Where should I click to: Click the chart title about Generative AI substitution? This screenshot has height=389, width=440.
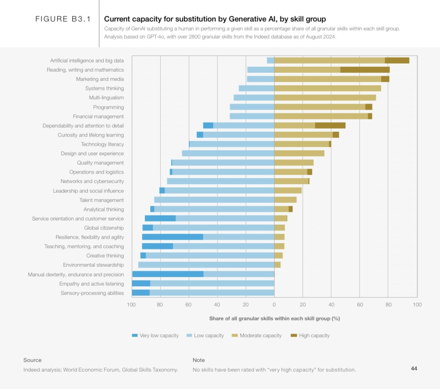coord(215,19)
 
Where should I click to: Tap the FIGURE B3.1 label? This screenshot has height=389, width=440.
coord(63,19)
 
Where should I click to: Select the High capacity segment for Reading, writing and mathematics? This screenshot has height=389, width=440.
coord(365,70)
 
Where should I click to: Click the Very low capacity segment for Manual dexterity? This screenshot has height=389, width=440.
coord(168,274)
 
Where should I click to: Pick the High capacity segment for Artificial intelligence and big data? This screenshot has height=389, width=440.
coord(397,61)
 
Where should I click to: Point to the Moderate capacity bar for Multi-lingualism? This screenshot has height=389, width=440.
coord(325,98)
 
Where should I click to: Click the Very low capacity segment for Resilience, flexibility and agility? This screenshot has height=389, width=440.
coord(173,237)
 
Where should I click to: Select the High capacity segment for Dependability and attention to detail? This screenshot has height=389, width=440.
coord(330,126)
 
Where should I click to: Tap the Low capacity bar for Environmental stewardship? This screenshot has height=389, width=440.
coord(206,265)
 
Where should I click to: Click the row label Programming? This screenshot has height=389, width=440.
coord(108,107)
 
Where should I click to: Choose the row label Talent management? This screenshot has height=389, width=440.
coord(102,200)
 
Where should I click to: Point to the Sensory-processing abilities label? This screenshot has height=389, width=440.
coord(92,293)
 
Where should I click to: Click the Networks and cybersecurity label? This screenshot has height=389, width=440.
coord(92,181)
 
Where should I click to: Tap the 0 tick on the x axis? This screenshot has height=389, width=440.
coord(274,305)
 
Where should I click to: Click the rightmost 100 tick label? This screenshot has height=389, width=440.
coord(417,305)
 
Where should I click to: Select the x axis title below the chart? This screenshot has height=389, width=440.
coord(274,318)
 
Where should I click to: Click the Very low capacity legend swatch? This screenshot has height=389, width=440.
coord(135,335)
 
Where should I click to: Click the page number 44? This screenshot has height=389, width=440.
coord(414,369)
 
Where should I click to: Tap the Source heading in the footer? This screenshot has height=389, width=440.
coord(32,360)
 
